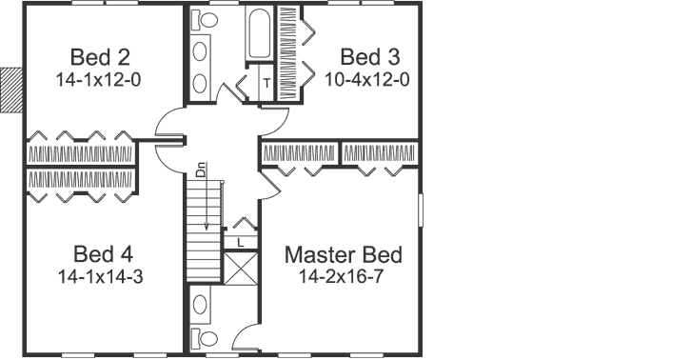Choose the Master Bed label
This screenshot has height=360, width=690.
(x=344, y=255)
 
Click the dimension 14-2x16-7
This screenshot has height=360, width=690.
(x=343, y=279)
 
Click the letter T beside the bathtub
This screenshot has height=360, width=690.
(x=266, y=83)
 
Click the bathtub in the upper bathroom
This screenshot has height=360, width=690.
(x=260, y=33)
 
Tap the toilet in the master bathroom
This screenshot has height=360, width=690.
(x=206, y=339)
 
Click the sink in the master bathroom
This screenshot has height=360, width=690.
(x=203, y=306)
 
